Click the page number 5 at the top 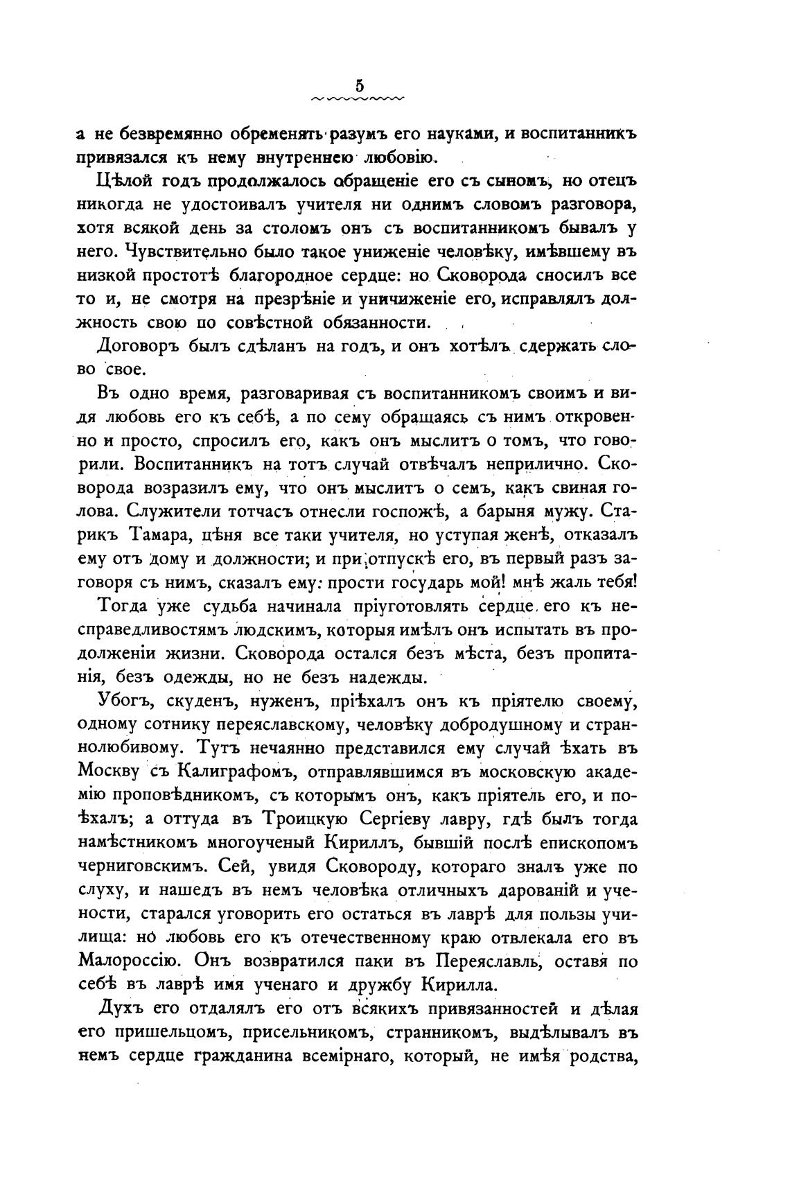(x=359, y=86)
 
